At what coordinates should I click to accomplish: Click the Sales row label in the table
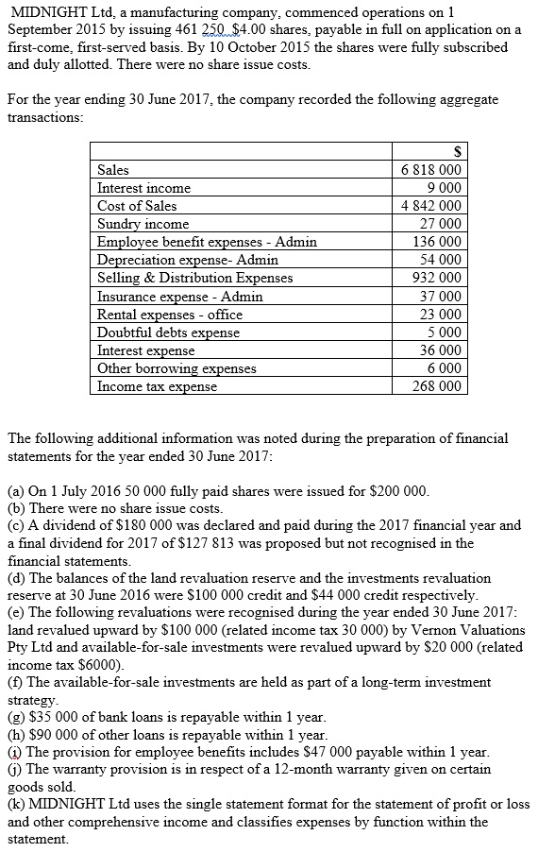click(x=114, y=170)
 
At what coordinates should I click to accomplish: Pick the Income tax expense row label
click(x=157, y=386)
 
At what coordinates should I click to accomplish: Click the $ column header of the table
click(x=458, y=152)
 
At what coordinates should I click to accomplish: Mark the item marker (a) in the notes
click(x=16, y=492)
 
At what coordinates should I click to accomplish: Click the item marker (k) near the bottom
click(x=16, y=805)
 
